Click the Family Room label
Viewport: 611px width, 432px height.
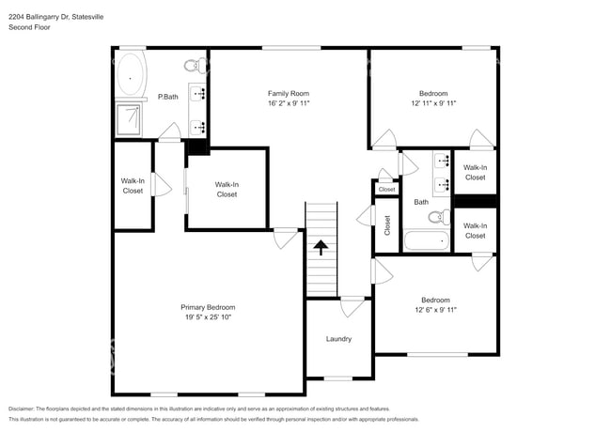coord(288,93)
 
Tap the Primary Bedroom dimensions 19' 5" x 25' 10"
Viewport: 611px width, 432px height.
coord(208,317)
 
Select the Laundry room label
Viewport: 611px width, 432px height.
coord(338,339)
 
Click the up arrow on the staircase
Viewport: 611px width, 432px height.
coord(321,247)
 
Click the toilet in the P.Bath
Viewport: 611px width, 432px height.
coord(194,66)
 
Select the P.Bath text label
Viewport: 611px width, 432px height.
coord(168,97)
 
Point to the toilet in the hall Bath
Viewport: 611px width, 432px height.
coord(437,217)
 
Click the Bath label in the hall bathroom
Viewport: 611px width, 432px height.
coord(421,201)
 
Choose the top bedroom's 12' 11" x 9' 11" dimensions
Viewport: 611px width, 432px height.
coord(433,103)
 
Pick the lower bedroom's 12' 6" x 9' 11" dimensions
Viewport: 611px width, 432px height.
coord(434,310)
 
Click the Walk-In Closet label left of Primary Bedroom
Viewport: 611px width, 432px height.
coord(133,186)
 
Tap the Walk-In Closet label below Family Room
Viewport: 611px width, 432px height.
coord(227,190)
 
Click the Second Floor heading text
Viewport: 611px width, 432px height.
coord(30,28)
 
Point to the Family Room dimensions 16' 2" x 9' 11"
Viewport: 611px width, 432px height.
coord(288,103)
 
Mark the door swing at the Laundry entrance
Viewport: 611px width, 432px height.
coord(352,306)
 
